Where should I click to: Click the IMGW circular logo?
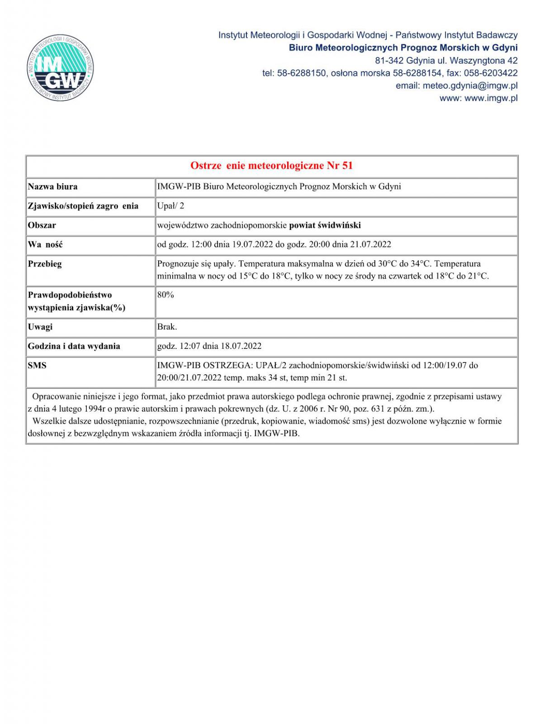(60, 68)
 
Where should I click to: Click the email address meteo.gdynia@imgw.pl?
(470, 86)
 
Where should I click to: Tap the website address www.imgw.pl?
(491, 98)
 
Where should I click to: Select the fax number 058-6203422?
(491, 73)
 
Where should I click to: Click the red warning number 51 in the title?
(347, 166)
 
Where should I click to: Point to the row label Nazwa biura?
(52, 186)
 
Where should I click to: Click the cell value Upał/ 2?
(171, 206)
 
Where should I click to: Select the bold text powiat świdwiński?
(325, 225)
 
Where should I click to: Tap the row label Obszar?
(42, 225)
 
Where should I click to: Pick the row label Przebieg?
(45, 264)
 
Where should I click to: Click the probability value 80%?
(166, 295)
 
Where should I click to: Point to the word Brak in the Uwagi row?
(166, 327)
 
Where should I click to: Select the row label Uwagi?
(40, 327)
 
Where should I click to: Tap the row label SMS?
(37, 365)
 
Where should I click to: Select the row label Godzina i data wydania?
(74, 346)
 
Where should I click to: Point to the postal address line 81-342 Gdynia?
(446, 60)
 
